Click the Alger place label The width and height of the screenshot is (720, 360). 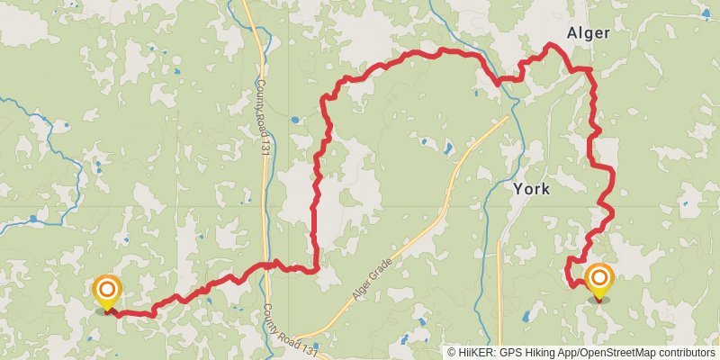coord(589,33)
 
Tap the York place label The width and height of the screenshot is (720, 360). coord(531,189)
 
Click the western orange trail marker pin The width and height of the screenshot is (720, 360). coord(107,291)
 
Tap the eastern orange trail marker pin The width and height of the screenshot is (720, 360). coord(598,280)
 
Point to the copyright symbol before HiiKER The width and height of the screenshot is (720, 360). coord(451,353)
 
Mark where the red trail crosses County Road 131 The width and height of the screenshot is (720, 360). coord(267,265)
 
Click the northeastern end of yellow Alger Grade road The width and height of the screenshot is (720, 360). coord(508,116)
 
